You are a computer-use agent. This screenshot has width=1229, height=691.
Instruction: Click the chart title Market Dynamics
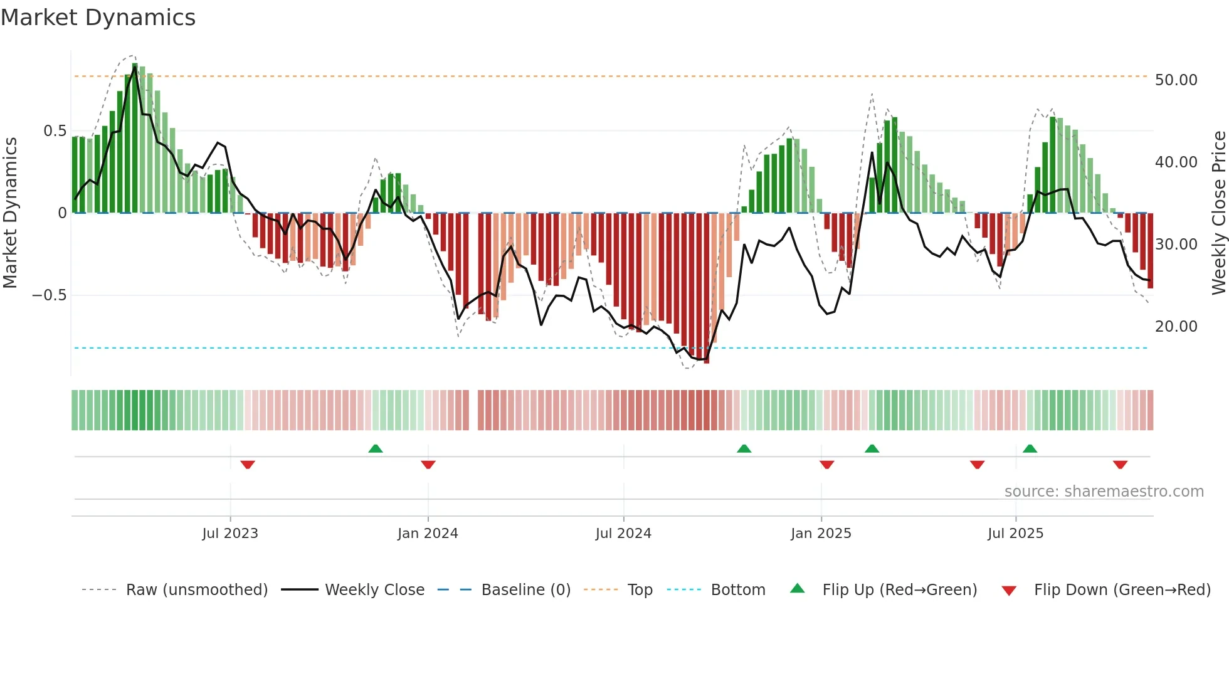pyautogui.click(x=98, y=18)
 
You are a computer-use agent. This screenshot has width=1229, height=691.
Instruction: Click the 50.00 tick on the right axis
pyautogui.click(x=1176, y=80)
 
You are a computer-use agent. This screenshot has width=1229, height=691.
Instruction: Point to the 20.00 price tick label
pyautogui.click(x=1176, y=327)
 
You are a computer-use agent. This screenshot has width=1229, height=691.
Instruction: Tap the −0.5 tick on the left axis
pyautogui.click(x=49, y=295)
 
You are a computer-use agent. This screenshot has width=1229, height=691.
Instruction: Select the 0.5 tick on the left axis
pyautogui.click(x=55, y=131)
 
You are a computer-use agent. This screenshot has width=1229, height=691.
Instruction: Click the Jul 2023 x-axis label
pyautogui.click(x=230, y=534)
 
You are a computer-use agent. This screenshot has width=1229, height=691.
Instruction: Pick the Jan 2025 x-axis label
pyautogui.click(x=821, y=534)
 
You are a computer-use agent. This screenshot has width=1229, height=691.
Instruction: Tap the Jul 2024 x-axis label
pyautogui.click(x=623, y=534)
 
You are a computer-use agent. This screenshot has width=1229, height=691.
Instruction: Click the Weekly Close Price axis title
pyautogui.click(x=1218, y=213)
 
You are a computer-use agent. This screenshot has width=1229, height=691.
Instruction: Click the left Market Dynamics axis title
pyautogui.click(x=10, y=213)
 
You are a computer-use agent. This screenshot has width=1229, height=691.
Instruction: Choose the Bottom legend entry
pyautogui.click(x=737, y=590)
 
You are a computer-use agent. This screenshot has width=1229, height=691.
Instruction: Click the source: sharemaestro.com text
pyautogui.click(x=1104, y=492)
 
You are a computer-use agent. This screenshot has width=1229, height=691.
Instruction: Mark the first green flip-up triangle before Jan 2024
pyautogui.click(x=376, y=448)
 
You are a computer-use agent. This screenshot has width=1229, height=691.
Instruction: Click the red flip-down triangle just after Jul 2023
pyautogui.click(x=248, y=465)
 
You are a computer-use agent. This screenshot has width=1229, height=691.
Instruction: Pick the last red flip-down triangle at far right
pyautogui.click(x=1121, y=465)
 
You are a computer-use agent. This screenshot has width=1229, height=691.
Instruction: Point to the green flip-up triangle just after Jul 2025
pyautogui.click(x=1030, y=448)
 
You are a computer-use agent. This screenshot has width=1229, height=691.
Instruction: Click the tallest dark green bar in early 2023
pyautogui.click(x=135, y=138)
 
